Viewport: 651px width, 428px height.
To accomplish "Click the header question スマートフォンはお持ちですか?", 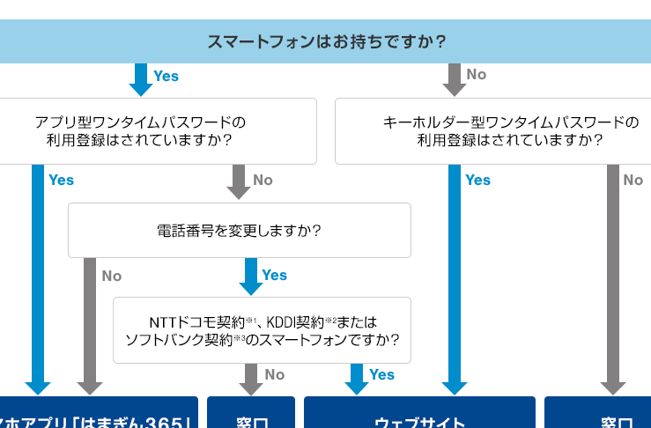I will pos(326,41).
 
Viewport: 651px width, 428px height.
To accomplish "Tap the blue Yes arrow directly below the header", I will pos(141,79).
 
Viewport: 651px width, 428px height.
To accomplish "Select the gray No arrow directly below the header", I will pos(454,79).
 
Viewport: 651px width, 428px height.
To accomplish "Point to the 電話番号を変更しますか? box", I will pos(239,231).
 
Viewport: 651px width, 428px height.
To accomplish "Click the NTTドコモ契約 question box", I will pos(262,330).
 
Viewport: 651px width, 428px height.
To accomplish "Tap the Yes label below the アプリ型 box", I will pos(62,181).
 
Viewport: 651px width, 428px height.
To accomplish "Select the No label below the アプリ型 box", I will pos(263,181).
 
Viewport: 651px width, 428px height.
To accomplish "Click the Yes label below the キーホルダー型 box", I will pos(477,181).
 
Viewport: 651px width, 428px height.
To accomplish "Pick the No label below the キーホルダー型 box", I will pos(633,181).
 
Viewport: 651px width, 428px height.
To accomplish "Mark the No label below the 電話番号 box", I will pos(112,277).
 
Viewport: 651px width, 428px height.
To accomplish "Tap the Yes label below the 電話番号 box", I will pos(275,276).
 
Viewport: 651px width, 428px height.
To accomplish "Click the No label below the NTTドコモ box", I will pos(275,375).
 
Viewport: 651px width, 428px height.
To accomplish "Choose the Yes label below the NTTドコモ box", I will pos(381,375).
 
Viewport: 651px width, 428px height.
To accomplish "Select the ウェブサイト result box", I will pos(419,414).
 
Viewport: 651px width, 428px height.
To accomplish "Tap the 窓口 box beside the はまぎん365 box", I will pos(251,414).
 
